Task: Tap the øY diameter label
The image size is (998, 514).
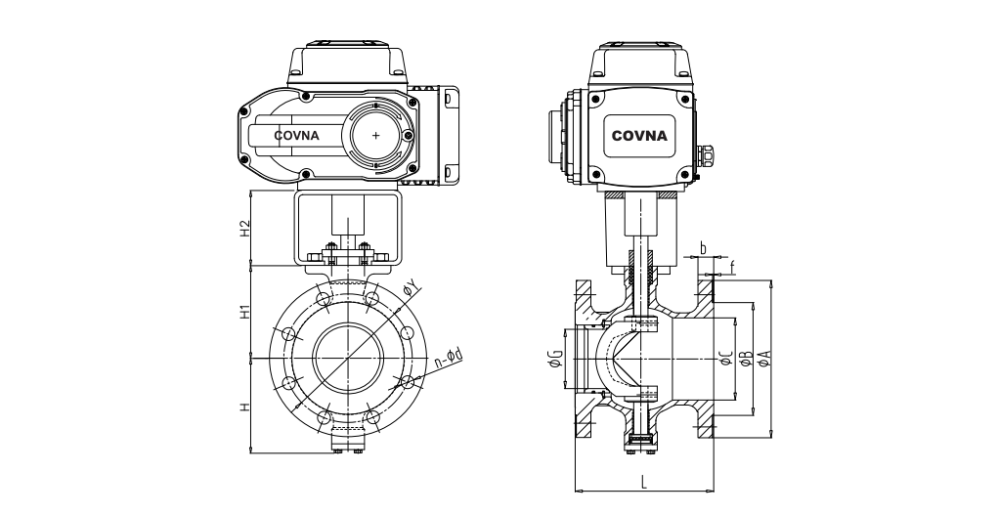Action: tap(412, 286)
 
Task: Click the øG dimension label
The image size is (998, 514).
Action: tap(554, 359)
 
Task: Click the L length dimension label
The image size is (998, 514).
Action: tap(643, 481)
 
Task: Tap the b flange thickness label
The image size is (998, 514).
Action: tap(703, 248)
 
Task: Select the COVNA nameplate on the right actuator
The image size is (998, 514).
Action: tap(639, 136)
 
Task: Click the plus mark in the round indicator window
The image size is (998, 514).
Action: tap(377, 136)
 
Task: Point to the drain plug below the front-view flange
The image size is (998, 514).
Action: tap(348, 441)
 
